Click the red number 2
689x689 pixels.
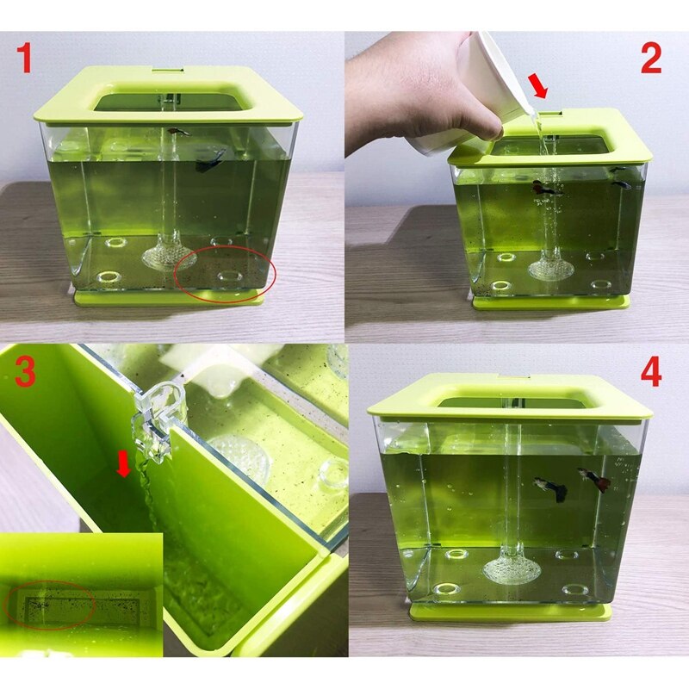click(650, 58)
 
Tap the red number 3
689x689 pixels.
click(26, 371)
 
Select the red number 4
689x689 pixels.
click(651, 372)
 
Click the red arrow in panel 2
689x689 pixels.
click(537, 85)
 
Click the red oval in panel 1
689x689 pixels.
click(225, 274)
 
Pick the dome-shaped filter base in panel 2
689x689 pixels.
click(551, 270)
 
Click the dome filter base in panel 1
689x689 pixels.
click(169, 255)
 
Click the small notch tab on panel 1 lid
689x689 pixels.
click(169, 70)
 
